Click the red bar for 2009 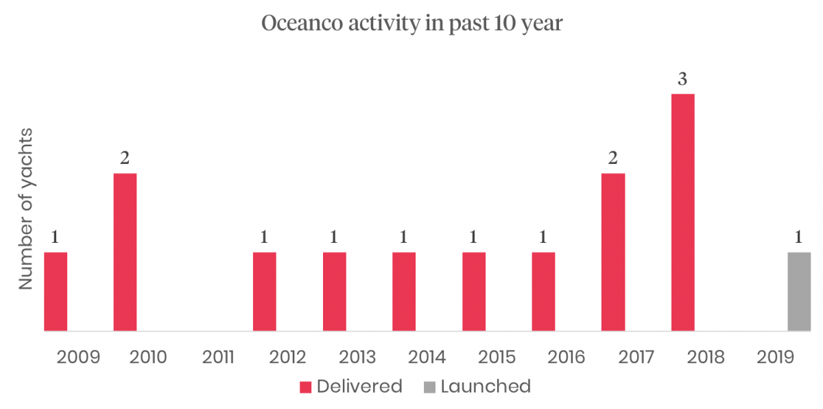[56, 292]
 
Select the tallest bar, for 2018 [683, 213]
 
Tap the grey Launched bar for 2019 [799, 292]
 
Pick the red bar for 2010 [125, 252]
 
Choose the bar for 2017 [613, 252]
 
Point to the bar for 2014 [404, 292]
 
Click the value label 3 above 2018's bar [682, 79]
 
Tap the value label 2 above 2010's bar [125, 158]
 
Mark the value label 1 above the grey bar [798, 237]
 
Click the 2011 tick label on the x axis [218, 357]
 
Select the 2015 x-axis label [497, 357]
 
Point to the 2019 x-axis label [775, 357]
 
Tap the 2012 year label [287, 357]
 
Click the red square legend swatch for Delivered [305, 387]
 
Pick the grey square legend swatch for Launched [429, 387]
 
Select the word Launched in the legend [486, 386]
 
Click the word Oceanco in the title [302, 23]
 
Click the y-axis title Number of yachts [26, 209]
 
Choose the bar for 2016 [543, 292]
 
